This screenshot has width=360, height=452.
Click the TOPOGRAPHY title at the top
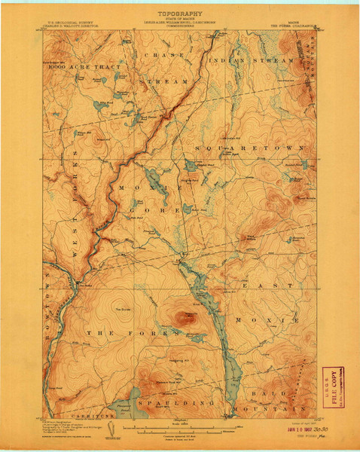pos(179,14)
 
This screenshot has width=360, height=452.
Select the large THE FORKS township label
pos(111,331)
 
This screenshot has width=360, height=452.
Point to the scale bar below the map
pos(178,432)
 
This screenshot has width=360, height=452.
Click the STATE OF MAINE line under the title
pos(179,20)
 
